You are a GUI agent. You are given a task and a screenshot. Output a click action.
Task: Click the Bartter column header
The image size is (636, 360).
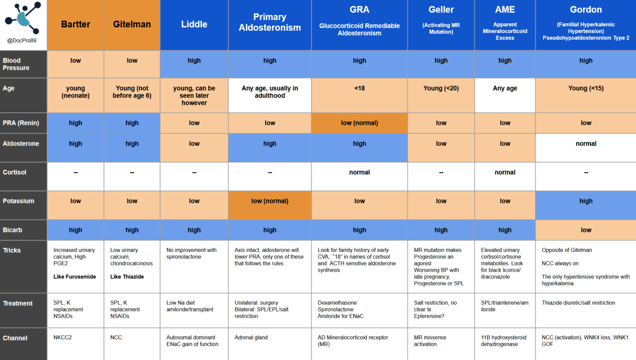[75, 24]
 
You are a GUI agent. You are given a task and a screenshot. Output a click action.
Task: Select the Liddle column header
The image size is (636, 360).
[194, 24]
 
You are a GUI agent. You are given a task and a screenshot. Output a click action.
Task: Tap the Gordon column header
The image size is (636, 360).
[585, 10]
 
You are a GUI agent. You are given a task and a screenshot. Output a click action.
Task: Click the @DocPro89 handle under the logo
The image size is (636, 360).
[22, 41]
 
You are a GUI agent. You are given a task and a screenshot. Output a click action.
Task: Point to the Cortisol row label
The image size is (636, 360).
[14, 172]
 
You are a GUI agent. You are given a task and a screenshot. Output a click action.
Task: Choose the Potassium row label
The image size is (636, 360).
[19, 201]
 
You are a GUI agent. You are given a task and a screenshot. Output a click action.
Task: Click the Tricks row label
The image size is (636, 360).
[12, 250]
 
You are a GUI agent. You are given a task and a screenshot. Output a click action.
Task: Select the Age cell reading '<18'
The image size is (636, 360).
[359, 88]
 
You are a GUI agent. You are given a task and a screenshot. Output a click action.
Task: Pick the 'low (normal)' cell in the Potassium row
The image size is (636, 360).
[270, 201]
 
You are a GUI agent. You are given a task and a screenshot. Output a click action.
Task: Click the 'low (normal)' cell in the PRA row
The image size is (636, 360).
[359, 123]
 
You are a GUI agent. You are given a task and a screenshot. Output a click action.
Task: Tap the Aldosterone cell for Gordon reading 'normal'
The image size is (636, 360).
[585, 144]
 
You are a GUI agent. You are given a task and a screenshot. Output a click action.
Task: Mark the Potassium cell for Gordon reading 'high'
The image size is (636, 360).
[585, 201]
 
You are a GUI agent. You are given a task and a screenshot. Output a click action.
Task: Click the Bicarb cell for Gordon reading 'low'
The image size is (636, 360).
[585, 230]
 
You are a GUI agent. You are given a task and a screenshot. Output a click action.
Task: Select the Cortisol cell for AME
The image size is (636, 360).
[505, 172]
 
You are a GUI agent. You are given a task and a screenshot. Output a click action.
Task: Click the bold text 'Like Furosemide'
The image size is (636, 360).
[75, 277]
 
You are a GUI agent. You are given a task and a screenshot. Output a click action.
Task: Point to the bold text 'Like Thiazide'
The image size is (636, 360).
[127, 277]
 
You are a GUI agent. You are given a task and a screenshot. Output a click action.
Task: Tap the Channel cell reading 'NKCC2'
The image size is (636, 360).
[63, 338]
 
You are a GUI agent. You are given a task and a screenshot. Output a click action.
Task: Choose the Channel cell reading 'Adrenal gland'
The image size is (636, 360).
[251, 338]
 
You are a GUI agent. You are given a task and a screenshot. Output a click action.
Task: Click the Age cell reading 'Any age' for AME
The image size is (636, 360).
[505, 88]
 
